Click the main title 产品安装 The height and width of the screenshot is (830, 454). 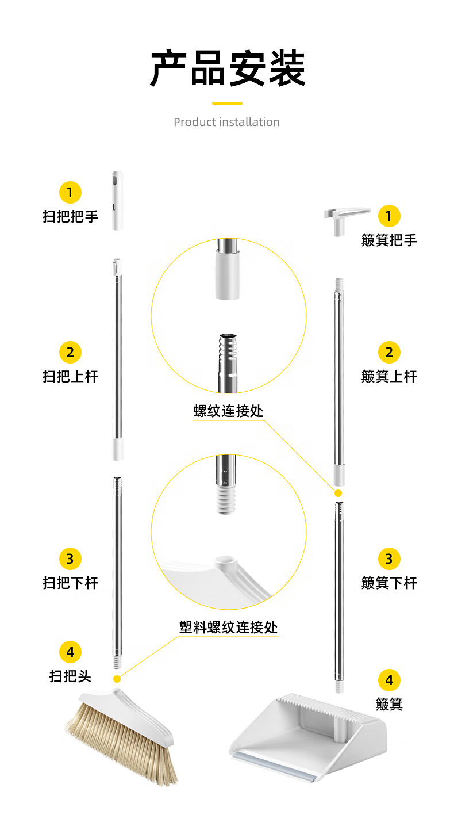click(x=228, y=68)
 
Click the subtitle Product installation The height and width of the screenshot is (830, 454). click(x=226, y=122)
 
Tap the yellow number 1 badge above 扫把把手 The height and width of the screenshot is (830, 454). click(x=70, y=192)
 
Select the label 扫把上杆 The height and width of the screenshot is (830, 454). click(x=70, y=377)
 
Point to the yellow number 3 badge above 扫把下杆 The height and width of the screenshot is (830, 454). click(x=70, y=559)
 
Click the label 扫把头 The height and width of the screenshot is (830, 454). click(x=70, y=676)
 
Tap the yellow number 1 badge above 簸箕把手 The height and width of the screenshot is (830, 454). click(x=389, y=216)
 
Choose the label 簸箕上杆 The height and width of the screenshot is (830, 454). click(x=389, y=377)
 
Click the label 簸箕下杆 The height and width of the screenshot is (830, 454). click(x=389, y=583)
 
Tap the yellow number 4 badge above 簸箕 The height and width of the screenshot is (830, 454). click(x=389, y=680)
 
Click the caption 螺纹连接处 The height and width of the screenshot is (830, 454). click(x=228, y=411)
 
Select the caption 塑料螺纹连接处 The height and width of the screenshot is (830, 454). click(x=229, y=628)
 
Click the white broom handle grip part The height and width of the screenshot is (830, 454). click(x=117, y=201)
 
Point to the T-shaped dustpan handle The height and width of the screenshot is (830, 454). click(x=346, y=220)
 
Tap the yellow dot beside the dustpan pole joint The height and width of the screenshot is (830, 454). click(x=338, y=493)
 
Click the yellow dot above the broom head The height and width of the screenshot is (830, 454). click(x=117, y=679)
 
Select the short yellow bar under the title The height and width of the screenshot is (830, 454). click(x=227, y=103)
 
